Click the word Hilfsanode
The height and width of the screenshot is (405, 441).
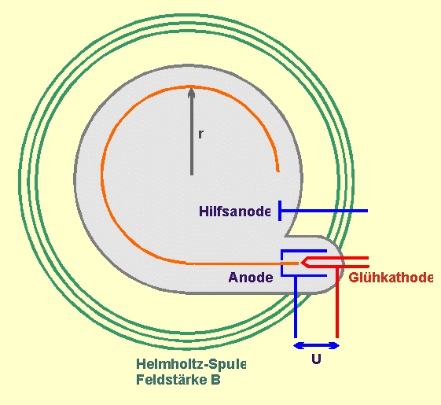[x=235, y=211]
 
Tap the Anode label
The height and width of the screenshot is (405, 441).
[x=251, y=278]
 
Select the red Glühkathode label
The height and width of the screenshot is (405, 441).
[x=391, y=278]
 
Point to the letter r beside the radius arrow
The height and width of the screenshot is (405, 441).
[x=200, y=134]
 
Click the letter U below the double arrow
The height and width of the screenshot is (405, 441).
[x=317, y=359]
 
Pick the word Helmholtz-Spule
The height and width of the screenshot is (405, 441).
[x=191, y=364]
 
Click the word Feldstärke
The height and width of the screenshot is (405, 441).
[x=172, y=379]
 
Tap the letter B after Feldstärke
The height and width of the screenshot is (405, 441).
[x=215, y=380]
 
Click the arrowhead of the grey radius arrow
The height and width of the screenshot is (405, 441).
[x=192, y=93]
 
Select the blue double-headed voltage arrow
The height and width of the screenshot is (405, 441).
[x=317, y=345]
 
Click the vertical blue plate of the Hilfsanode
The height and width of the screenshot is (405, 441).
[x=280, y=211]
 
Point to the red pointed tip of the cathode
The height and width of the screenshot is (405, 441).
[x=302, y=263]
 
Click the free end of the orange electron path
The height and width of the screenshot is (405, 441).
[x=277, y=170]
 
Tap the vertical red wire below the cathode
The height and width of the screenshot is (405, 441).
[x=337, y=302]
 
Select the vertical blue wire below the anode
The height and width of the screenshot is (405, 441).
[x=296, y=307]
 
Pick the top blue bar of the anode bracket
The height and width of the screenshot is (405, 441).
[x=303, y=251]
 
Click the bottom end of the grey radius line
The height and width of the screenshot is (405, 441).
[x=192, y=174]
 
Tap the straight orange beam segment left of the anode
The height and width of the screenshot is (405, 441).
[x=242, y=263]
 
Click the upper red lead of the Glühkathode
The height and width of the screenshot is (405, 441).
[x=337, y=258]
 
